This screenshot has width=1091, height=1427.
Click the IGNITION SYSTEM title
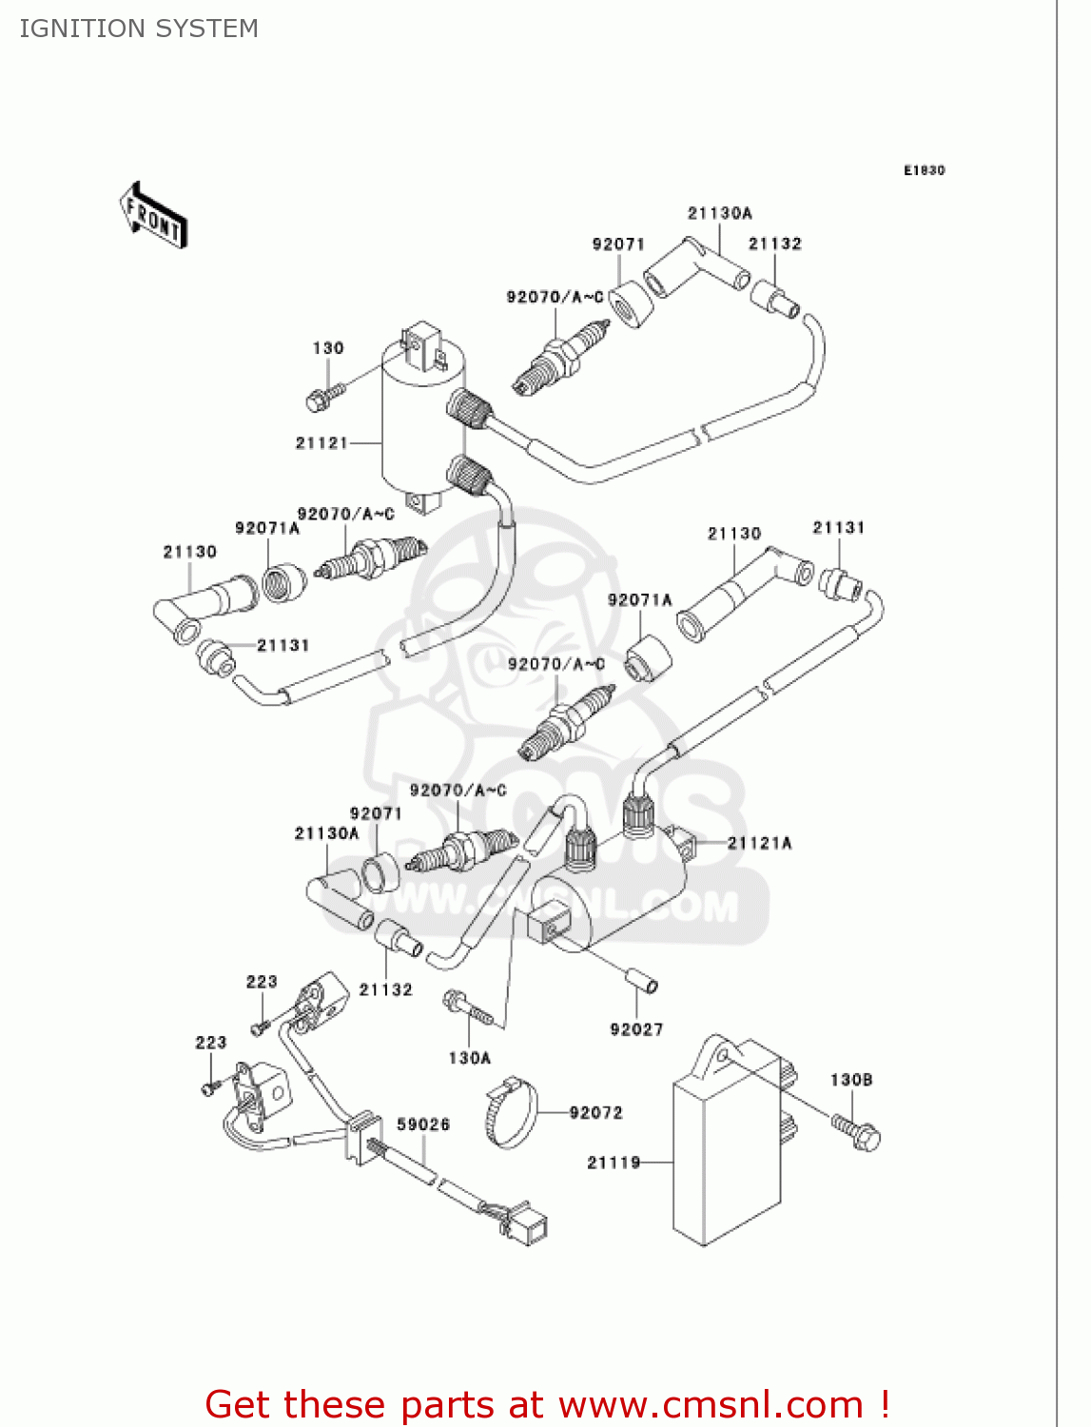coord(139,29)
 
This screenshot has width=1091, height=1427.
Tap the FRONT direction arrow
coord(153,216)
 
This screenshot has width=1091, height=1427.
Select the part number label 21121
coord(321,443)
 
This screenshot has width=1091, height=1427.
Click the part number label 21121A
coord(759,843)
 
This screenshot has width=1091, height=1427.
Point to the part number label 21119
coord(614,1163)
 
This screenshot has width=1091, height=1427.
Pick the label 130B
coord(851,1080)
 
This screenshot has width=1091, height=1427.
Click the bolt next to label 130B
coord(858,1132)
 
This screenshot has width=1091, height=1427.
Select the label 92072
coord(595,1113)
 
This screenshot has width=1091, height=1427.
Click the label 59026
coord(423,1124)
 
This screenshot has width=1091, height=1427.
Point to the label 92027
coord(636,1029)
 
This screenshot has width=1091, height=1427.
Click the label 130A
coord(469,1058)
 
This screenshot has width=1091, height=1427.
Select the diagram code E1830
coord(924,170)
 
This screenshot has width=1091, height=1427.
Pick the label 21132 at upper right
coord(774,244)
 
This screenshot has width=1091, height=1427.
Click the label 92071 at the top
coord(618,244)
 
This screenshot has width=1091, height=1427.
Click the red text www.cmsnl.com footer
coord(547,1404)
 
